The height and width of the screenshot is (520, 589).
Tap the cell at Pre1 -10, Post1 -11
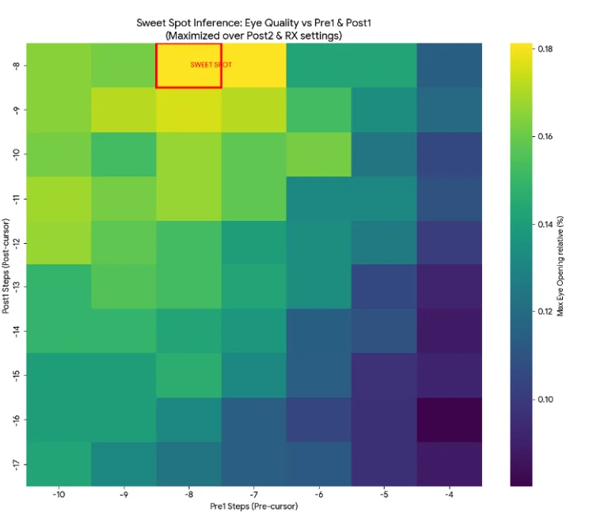click(x=58, y=198)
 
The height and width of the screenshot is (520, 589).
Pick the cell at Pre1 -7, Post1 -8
click(x=253, y=65)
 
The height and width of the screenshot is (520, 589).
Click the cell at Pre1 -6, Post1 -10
click(x=318, y=154)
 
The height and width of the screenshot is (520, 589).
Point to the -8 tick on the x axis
click(x=188, y=494)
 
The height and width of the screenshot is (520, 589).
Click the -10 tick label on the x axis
click(x=58, y=494)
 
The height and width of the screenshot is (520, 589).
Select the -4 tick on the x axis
click(x=449, y=494)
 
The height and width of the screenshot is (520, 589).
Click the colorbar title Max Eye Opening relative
click(x=560, y=264)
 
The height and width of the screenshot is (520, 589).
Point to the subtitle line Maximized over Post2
click(x=253, y=36)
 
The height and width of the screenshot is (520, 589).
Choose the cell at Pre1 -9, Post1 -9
click(x=123, y=109)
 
